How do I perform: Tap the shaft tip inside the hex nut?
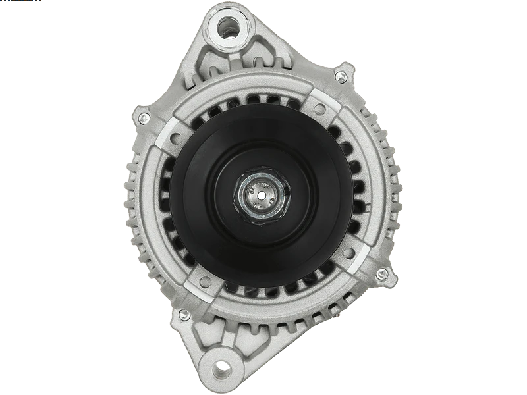261,194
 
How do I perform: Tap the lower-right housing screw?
380,273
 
